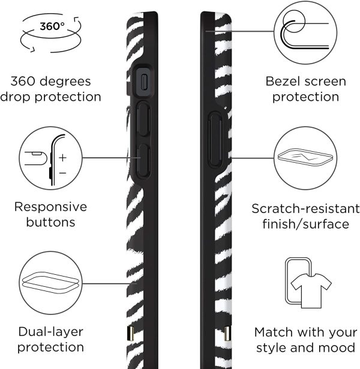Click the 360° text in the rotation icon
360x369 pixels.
click(52, 26)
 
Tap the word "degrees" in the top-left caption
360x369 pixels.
click(65, 82)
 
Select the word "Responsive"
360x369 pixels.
click(50, 207)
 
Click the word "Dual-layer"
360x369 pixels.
click(51, 332)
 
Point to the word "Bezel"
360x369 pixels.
click(283, 82)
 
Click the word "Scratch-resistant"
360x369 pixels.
click(305, 209)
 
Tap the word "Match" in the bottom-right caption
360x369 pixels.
click(274, 332)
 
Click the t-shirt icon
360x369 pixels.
click(311, 290)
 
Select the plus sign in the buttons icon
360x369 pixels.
click(62, 157)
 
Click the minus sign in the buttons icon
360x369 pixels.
click(62, 173)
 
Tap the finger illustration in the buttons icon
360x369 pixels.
click(36, 158)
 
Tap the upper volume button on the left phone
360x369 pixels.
click(143, 119)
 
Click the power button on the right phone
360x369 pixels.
click(215, 139)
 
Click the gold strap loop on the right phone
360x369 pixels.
click(227, 333)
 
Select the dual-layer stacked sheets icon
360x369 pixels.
click(50, 283)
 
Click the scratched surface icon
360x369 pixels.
click(305, 157)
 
